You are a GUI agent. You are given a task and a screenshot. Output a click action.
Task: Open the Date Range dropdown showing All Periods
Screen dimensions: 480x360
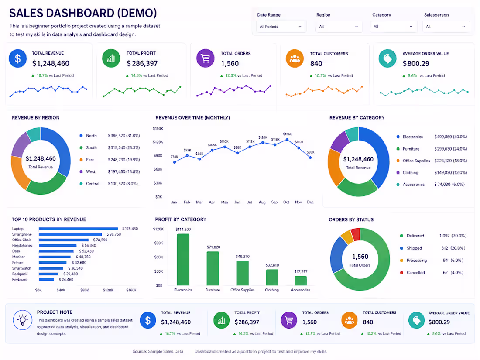(281, 27)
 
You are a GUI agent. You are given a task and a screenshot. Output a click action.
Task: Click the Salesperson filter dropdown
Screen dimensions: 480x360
(446, 27)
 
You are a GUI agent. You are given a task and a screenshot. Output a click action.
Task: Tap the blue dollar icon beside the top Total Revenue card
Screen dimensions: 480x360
(18, 58)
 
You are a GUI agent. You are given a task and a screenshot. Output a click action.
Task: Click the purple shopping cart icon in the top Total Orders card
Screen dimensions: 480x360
(206, 58)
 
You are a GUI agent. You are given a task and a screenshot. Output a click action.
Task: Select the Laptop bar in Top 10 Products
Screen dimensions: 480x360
(79, 229)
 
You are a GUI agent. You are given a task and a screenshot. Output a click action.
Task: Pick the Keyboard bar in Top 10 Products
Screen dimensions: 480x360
(46, 279)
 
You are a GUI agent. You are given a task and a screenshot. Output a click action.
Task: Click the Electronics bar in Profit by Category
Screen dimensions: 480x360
(183, 260)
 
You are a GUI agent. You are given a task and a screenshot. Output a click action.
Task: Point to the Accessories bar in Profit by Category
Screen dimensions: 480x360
(301, 281)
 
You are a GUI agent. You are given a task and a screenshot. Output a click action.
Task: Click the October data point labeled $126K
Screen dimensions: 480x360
(287, 140)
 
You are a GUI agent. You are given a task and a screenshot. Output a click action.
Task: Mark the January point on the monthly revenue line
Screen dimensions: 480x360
(175, 162)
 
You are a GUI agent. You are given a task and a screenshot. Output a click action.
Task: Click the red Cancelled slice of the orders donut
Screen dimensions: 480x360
(356, 234)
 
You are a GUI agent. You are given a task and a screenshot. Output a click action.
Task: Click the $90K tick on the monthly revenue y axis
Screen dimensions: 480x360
(158, 155)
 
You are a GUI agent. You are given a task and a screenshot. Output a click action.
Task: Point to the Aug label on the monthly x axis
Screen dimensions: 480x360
(262, 202)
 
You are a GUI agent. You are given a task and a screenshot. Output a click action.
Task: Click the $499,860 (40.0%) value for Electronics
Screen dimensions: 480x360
(451, 137)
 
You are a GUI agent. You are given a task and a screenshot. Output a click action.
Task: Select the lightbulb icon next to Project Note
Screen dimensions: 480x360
(23, 320)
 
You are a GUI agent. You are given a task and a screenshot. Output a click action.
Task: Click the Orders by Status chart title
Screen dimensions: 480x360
(351, 219)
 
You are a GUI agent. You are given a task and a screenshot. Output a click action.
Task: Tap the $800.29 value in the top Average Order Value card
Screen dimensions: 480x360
(416, 63)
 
